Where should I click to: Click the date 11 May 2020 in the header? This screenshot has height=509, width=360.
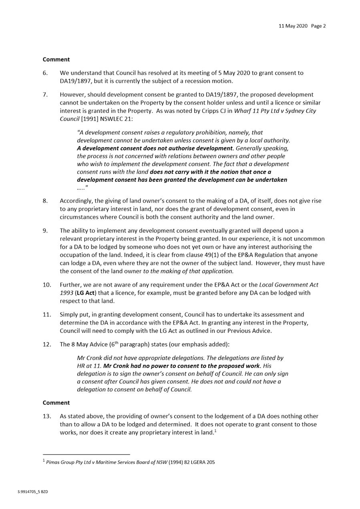pos(293,26)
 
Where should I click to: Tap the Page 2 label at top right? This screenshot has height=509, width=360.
pos(318,26)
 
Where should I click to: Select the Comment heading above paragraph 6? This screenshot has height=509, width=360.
pos(56,59)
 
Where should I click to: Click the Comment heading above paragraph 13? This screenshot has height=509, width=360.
pos(56,402)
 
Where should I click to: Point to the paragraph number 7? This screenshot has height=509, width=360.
pos(45,95)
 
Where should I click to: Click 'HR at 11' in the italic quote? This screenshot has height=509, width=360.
pos(89,366)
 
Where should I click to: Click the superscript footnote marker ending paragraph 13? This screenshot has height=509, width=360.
pos(215,431)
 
